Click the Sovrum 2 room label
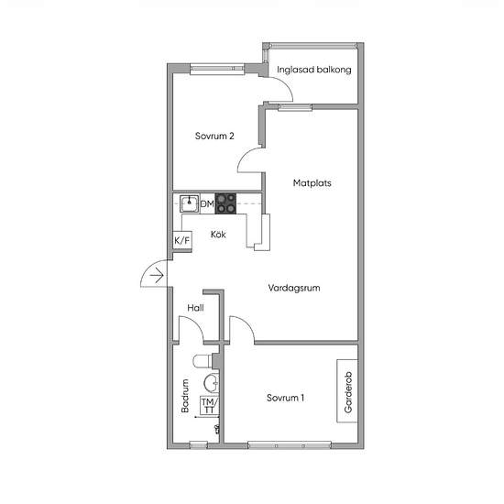214,136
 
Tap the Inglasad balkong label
314,70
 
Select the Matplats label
312,183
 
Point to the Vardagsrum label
294,288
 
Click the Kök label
218,235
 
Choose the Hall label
195,308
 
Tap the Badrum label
185,396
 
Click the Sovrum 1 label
285,398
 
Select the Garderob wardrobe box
347,390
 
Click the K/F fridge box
182,240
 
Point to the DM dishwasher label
207,203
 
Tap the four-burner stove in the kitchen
225,203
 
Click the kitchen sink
190,203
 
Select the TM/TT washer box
209,406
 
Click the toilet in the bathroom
203,361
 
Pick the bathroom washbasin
212,383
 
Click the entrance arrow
157,275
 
